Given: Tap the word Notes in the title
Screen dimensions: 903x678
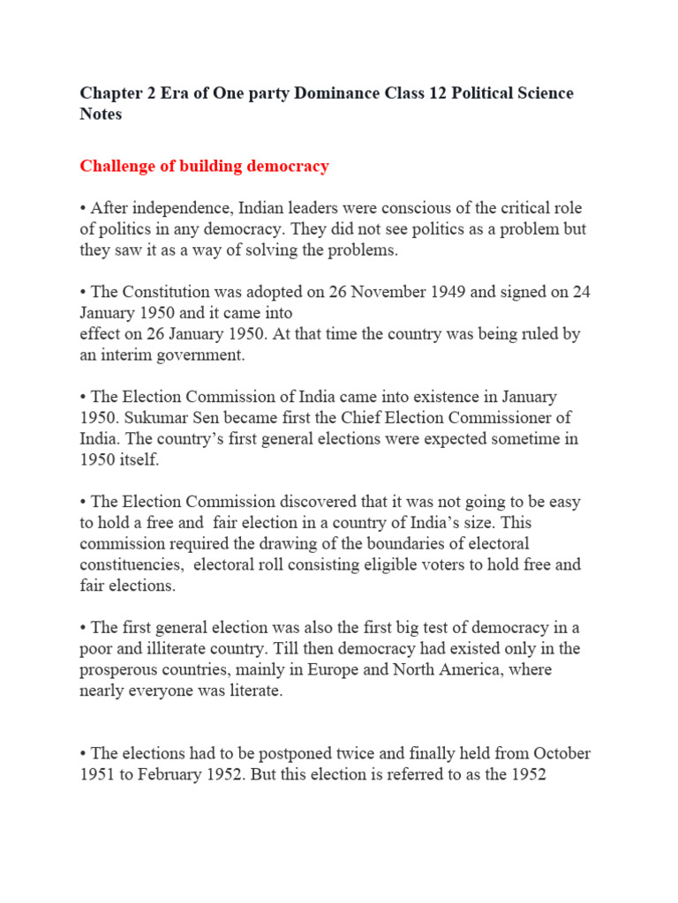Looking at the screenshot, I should pos(101,115).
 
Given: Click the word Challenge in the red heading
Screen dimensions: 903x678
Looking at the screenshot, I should pos(117,166).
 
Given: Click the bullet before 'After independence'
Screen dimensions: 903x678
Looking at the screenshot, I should pos(83,208).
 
